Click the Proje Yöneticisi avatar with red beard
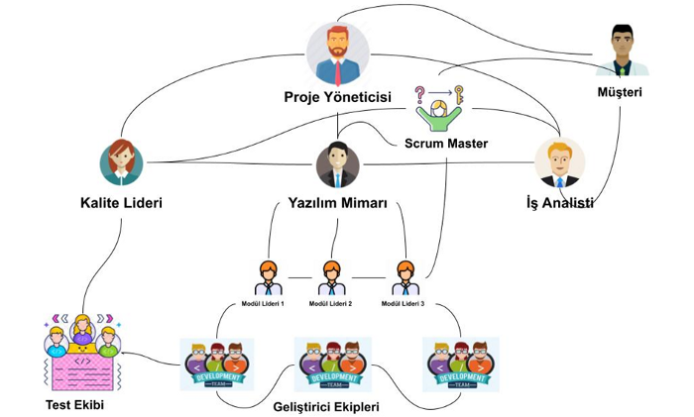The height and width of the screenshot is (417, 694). (337, 53)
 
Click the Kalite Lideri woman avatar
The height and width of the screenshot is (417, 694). (122, 162)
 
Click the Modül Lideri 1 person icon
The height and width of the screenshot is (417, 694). (268, 278)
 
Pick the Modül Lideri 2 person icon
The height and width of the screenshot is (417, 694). (331, 278)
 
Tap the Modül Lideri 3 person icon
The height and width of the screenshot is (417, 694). (404, 278)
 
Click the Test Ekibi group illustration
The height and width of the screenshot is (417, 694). (81, 353)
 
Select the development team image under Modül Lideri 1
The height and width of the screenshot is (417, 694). (216, 365)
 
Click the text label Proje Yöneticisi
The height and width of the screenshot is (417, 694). (337, 97)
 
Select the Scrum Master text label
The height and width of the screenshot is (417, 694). (446, 144)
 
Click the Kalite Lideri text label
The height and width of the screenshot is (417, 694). (121, 203)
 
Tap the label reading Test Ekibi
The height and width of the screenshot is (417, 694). (74, 405)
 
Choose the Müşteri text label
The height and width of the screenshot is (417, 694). (621, 93)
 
